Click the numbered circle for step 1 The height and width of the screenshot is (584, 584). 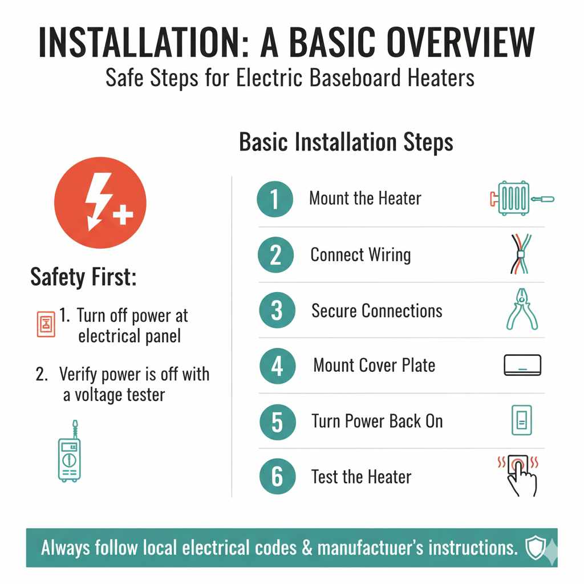tap(275, 199)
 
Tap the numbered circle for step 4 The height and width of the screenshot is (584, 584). tap(278, 366)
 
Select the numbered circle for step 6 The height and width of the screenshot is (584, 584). tap(278, 476)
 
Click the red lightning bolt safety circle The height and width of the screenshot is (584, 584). tap(100, 202)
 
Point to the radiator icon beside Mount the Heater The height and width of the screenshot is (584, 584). tap(522, 198)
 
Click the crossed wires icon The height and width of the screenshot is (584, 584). tap(521, 254)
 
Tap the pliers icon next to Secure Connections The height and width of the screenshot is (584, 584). tap(522, 309)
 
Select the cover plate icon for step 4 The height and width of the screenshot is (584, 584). tap(522, 365)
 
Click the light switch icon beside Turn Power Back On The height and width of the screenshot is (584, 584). tap(521, 420)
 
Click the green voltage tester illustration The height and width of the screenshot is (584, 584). tap(70, 451)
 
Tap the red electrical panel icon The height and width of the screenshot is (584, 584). tap(46, 324)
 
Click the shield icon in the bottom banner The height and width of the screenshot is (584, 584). tap(536, 547)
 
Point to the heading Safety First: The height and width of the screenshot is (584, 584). tap(83, 277)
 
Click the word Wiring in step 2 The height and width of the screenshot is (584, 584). tap(390, 255)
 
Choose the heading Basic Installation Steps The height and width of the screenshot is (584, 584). tap(346, 142)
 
